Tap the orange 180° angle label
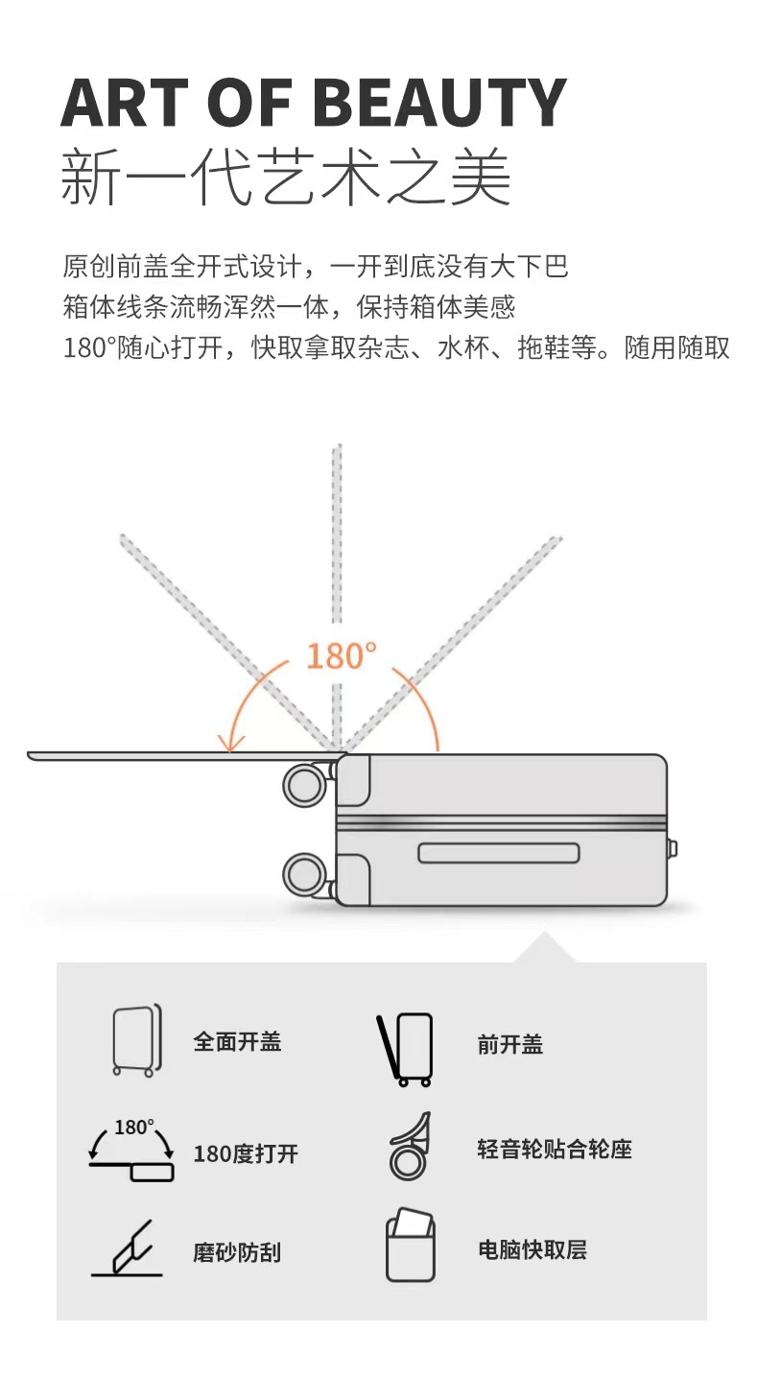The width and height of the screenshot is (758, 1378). (341, 656)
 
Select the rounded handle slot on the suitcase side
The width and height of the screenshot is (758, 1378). (499, 853)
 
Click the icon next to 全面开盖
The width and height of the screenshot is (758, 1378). (136, 1041)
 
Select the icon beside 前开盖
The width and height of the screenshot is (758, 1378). (405, 1049)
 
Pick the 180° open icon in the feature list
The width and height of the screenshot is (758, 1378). (131, 1149)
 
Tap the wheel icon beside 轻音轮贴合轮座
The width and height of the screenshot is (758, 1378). (410, 1147)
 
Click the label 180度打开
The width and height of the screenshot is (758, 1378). (246, 1153)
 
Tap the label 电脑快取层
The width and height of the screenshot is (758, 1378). (532, 1249)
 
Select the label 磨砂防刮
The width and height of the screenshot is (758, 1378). (236, 1252)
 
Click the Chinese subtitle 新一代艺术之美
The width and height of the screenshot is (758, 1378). (286, 178)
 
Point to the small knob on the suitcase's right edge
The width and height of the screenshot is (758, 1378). (674, 848)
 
